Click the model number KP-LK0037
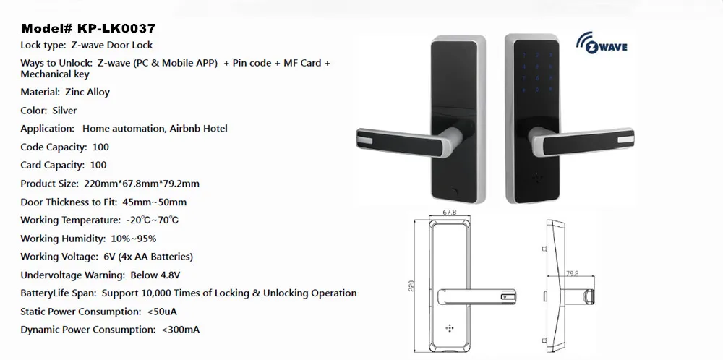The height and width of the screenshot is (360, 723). (116, 29)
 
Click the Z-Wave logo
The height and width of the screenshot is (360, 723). (602, 43)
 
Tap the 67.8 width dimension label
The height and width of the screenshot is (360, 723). (450, 213)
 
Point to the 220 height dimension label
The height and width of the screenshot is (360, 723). (412, 286)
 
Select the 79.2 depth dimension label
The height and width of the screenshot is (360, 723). (572, 274)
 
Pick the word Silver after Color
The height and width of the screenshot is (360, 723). (64, 111)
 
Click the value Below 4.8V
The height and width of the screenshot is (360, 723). (155, 275)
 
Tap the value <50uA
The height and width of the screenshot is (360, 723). (162, 312)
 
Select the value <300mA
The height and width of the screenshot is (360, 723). (181, 330)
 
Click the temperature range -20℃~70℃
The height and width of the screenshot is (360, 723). (152, 220)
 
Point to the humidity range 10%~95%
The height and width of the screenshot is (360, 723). (134, 239)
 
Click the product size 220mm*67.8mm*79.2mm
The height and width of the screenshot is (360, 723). (142, 184)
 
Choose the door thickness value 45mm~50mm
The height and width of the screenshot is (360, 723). (155, 202)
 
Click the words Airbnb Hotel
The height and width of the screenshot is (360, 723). (199, 129)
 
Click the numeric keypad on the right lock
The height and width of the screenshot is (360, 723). (536, 72)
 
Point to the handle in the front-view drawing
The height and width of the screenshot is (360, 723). (476, 298)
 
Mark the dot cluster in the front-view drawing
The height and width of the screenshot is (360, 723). (450, 328)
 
